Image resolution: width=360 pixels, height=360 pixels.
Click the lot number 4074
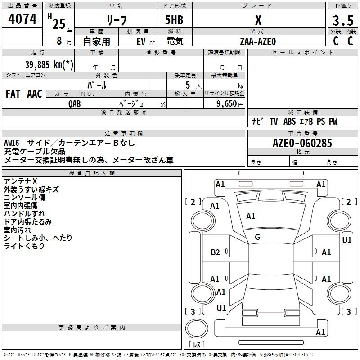pos(22,19)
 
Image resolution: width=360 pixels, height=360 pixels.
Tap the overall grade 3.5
pos(343,20)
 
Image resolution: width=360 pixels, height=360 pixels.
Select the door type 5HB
pos(174,20)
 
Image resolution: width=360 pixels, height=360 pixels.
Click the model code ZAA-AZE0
pos(258,41)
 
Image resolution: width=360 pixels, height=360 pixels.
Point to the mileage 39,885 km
pos(49,64)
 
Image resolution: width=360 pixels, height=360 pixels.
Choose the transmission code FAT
pos(13,94)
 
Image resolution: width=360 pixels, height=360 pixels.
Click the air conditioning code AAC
pos(35,94)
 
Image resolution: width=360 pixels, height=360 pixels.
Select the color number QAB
pos(75,104)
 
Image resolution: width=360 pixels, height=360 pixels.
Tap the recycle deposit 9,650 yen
pos(229,103)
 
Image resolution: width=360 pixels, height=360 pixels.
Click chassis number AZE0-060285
pos(302,143)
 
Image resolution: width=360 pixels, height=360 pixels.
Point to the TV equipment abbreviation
pos(274,121)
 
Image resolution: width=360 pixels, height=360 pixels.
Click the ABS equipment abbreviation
pos(289,121)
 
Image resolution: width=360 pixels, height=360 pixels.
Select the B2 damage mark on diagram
pos(215,252)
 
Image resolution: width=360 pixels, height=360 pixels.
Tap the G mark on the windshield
pos(257,237)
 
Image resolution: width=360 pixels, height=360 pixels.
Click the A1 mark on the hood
pos(251,216)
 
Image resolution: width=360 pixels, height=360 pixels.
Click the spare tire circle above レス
pos(197,328)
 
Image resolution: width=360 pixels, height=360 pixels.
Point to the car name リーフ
pos(117,20)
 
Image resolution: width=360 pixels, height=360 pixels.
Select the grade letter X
pos(258,20)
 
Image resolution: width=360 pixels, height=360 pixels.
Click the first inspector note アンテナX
pos(20,181)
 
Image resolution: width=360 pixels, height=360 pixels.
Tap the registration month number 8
pos(59,41)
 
